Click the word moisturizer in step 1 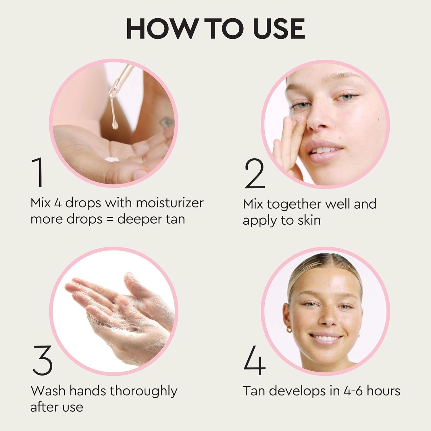click(170, 203)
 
